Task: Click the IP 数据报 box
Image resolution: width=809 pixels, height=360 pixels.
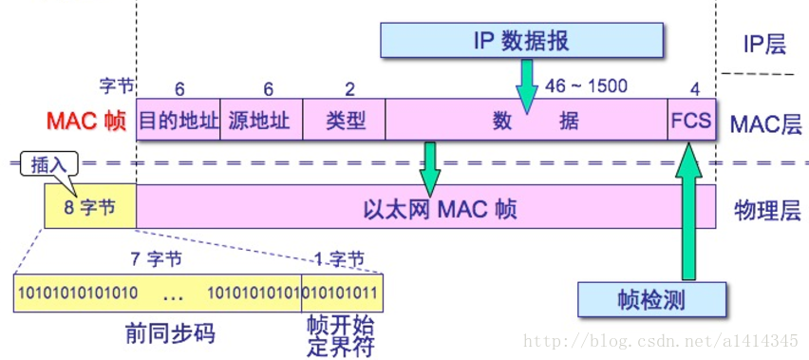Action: click(x=520, y=40)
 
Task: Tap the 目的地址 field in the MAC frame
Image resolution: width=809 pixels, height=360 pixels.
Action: click(x=179, y=122)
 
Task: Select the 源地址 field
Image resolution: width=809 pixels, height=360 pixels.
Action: click(x=260, y=122)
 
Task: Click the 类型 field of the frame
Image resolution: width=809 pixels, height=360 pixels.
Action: click(x=344, y=122)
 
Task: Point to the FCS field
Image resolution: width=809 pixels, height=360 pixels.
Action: click(x=690, y=122)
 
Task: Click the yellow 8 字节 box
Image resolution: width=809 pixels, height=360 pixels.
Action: click(x=90, y=207)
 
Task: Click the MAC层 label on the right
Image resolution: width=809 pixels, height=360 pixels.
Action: click(x=765, y=123)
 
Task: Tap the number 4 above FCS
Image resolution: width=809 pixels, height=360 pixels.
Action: click(x=694, y=88)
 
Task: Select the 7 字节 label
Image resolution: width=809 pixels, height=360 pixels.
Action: click(x=156, y=257)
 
